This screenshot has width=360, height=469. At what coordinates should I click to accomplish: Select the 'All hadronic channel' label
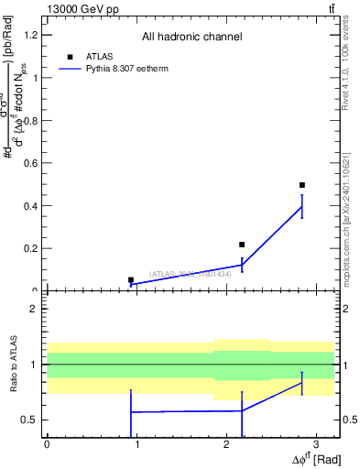pos(191,37)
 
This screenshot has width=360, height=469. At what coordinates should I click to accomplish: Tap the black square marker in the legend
pos(70,57)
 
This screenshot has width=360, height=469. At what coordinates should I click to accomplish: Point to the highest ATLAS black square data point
pos(301,185)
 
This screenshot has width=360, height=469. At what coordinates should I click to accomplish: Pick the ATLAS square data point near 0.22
pos(242,245)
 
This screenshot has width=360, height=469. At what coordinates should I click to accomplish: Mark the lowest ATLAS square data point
pos(131,279)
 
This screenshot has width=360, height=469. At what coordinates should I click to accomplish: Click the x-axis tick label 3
pos(315,443)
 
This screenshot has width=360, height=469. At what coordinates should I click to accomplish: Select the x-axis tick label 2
pos(225,443)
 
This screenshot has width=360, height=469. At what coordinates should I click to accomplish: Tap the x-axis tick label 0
pos(47,443)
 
